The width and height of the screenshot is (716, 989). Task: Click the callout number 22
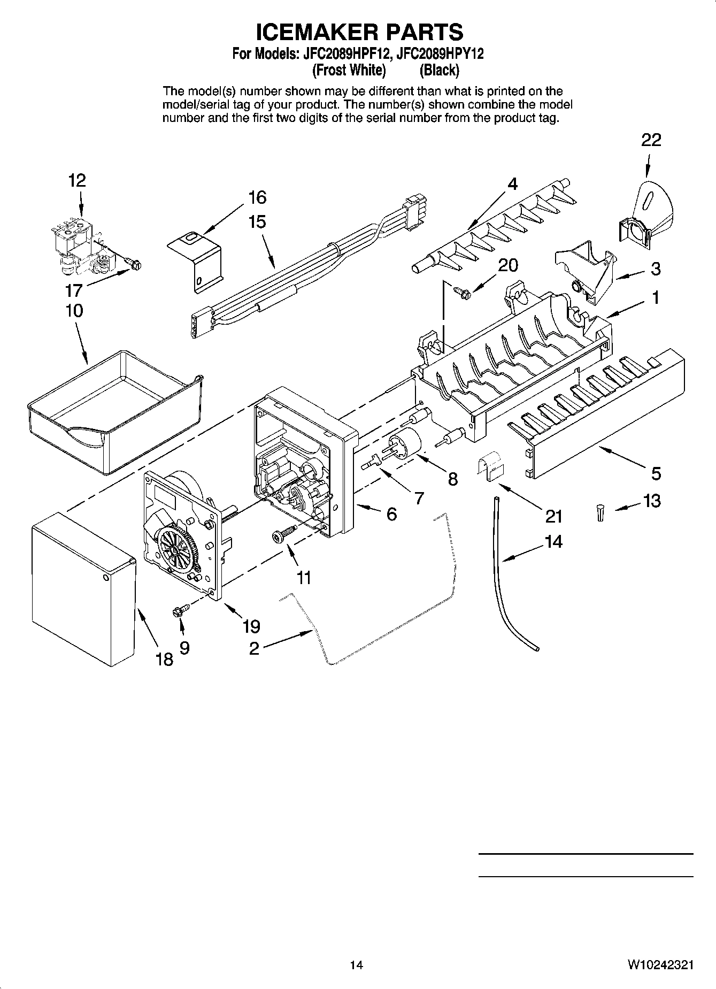[x=651, y=140]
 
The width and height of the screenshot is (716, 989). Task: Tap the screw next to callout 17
[x=134, y=263]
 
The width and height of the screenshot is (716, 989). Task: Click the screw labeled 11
[x=282, y=534]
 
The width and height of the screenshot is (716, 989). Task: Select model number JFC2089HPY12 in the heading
[x=441, y=54]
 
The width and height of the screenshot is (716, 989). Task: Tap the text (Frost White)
[x=349, y=70]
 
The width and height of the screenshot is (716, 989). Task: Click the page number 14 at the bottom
[x=357, y=965]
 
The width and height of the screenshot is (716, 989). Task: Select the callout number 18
[x=164, y=659]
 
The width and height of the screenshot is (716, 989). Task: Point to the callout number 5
[x=656, y=473]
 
